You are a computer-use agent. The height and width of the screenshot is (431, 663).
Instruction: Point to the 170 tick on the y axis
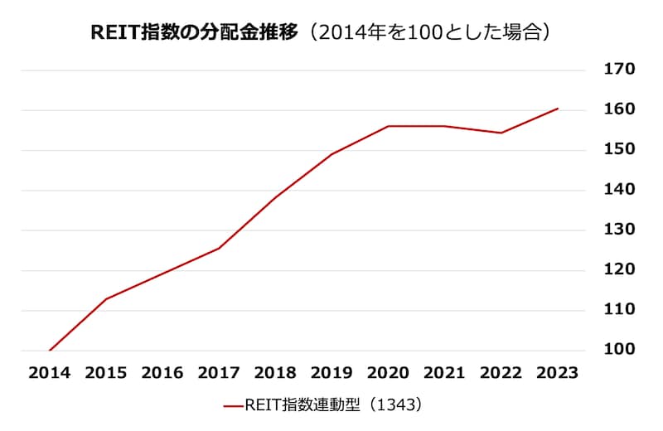(x=620, y=70)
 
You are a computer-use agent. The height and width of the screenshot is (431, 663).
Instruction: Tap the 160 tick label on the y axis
(x=620, y=109)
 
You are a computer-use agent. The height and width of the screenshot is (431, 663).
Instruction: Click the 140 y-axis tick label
(x=620, y=190)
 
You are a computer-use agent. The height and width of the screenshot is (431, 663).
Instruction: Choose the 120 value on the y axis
(x=620, y=269)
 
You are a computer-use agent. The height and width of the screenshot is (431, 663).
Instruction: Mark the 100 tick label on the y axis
(x=620, y=350)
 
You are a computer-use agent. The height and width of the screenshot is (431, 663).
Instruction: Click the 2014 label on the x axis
(x=50, y=373)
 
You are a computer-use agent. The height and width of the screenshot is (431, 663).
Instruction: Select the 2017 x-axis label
(x=219, y=373)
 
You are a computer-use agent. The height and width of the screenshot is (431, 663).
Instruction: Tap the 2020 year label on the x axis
(x=388, y=373)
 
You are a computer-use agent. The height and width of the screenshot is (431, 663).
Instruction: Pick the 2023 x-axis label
(x=557, y=373)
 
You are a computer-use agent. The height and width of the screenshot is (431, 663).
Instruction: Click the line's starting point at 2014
(x=50, y=350)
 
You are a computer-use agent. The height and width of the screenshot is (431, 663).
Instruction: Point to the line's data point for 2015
(x=106, y=298)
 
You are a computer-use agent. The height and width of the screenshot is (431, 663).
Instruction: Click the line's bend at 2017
(x=219, y=248)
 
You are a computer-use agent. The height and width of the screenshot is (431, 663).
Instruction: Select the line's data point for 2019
(x=331, y=154)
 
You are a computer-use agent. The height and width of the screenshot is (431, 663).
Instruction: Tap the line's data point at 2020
(x=388, y=126)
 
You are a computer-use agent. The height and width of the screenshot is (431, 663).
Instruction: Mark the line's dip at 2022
(x=501, y=133)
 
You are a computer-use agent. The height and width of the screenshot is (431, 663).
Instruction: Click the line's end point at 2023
(x=557, y=109)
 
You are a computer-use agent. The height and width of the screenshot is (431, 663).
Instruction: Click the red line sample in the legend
(x=234, y=406)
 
